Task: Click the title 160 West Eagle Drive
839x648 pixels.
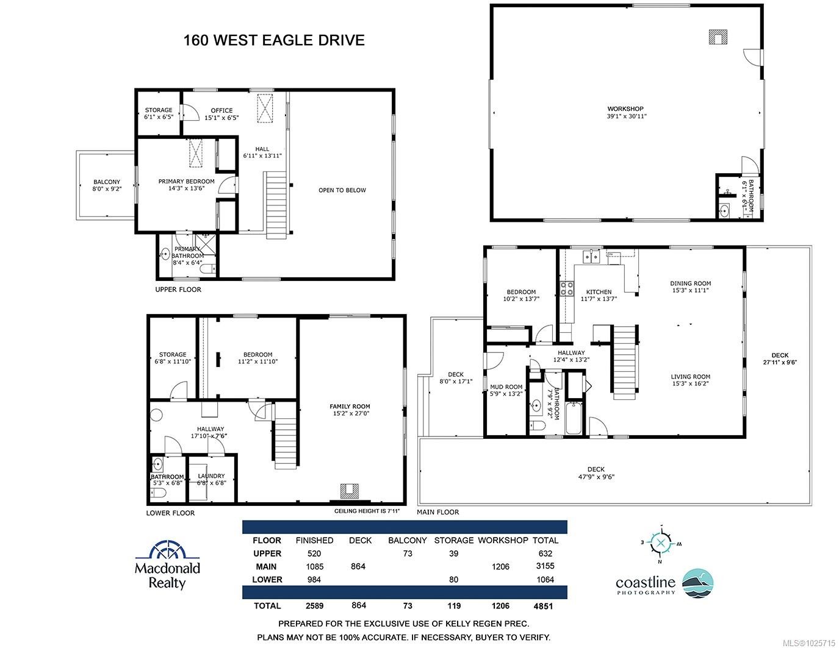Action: (x=274, y=40)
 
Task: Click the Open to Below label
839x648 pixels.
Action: (x=342, y=190)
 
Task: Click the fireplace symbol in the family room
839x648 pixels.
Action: (x=350, y=490)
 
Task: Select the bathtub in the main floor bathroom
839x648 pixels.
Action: (x=574, y=419)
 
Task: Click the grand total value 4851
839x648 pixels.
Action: (x=543, y=606)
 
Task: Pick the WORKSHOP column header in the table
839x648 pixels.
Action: (x=502, y=540)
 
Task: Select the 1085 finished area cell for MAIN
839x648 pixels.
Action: (x=314, y=566)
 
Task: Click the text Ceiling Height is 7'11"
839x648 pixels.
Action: (x=367, y=511)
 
